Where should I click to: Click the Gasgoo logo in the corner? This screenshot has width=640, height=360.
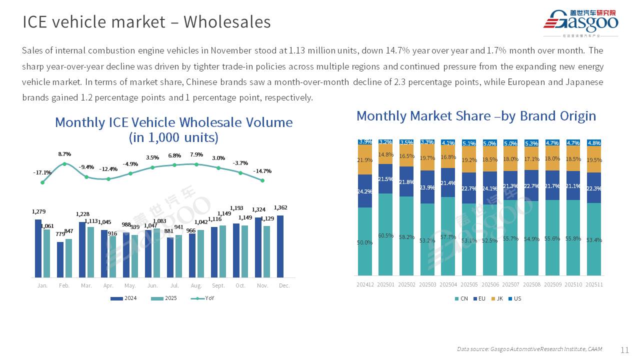(581, 22)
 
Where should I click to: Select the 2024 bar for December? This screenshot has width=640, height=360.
(280, 246)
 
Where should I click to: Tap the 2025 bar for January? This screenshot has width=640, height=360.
(46, 253)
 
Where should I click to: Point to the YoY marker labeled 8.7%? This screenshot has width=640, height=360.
(64, 164)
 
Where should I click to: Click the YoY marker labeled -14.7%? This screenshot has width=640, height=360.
(262, 180)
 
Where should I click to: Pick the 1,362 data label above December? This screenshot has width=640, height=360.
(280, 208)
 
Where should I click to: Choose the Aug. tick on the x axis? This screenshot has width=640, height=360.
(196, 285)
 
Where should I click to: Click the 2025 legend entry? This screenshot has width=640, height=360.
(164, 298)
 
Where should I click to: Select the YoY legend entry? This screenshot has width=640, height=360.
(203, 298)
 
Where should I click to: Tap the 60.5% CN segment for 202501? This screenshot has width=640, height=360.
(385, 234)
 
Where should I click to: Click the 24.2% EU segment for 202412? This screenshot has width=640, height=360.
(365, 190)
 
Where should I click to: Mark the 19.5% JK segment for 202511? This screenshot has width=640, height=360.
(593, 159)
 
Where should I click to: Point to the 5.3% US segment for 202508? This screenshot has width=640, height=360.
(531, 143)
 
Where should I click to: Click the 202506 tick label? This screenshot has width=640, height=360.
(490, 284)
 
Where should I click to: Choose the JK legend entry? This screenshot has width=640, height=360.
(497, 298)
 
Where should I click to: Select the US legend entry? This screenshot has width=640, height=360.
(514, 298)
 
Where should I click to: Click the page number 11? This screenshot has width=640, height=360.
(624, 350)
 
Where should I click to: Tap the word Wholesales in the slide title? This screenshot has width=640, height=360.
(227, 22)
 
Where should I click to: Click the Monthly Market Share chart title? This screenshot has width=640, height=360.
(476, 116)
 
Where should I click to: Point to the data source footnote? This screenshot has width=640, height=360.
(529, 349)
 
